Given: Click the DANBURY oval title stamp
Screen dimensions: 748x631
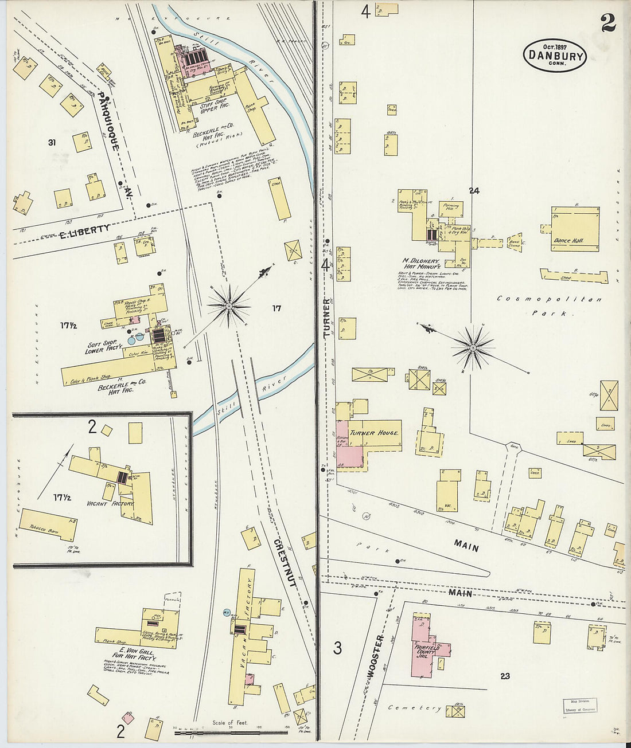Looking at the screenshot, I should click(x=554, y=56).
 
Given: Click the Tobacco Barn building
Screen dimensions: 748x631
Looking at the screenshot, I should click(x=48, y=524).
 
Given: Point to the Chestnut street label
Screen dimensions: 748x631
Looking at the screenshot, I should click(x=284, y=562).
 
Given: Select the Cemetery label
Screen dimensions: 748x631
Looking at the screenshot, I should click(x=414, y=708).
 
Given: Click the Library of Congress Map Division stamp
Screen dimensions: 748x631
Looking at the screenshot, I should click(x=579, y=705).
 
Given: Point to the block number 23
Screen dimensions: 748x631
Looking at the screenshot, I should click(x=504, y=676).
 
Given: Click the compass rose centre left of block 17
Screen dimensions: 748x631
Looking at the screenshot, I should click(x=229, y=307).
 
